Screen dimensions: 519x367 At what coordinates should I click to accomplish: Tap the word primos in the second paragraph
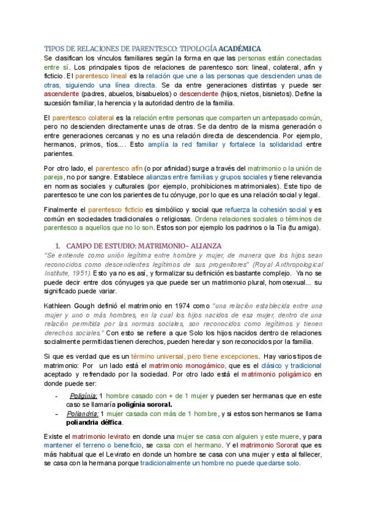pyautogui.click(x=90, y=145)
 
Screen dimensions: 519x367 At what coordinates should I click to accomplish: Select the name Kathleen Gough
pyautogui.click(x=67, y=304)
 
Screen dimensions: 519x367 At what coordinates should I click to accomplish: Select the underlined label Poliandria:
pyautogui.click(x=83, y=414)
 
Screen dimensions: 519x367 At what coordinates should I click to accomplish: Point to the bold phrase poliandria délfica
pyautogui.click(x=95, y=423)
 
